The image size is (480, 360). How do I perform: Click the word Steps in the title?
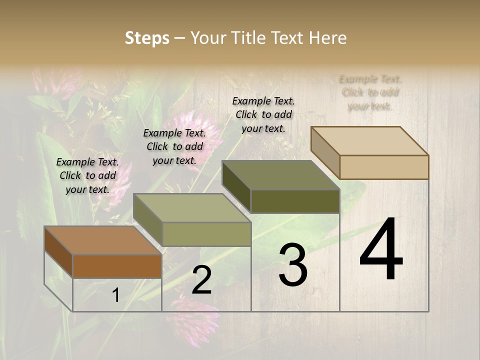point(147,38)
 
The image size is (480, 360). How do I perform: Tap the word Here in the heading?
point(327,38)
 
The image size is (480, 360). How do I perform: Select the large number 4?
point(381,249)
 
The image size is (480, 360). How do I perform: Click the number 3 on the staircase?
point(292,265)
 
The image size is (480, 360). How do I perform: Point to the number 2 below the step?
point(201,280)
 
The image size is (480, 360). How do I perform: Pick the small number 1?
point(115,295)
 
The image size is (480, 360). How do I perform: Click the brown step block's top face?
point(102,240)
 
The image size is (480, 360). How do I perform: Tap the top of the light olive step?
point(191,208)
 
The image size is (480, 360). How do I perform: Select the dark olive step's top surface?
point(280,175)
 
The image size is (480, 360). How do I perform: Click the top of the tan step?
point(369,140)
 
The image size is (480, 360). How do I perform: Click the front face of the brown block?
point(117,266)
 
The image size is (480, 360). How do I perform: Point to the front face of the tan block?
point(384,167)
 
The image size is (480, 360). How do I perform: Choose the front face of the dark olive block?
point(295,201)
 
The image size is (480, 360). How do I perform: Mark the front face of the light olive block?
point(206,234)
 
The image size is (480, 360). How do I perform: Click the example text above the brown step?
point(87,175)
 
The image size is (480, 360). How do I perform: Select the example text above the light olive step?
point(174,146)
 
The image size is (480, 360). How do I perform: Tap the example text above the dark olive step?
point(263,114)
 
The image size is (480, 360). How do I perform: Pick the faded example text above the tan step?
point(370,92)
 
